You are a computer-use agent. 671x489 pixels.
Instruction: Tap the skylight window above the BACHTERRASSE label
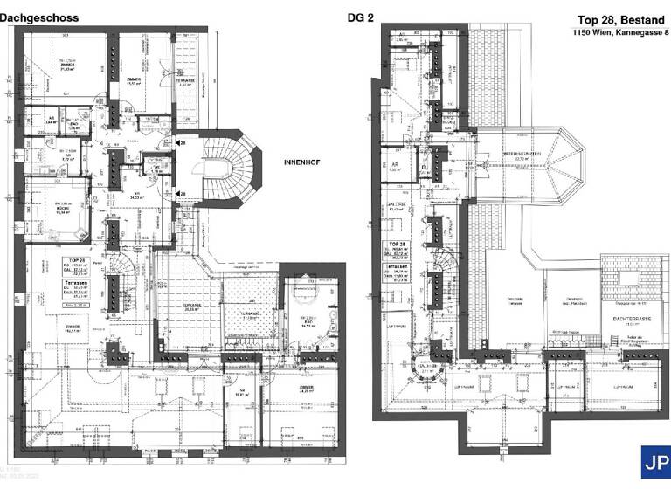click(630, 279)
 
